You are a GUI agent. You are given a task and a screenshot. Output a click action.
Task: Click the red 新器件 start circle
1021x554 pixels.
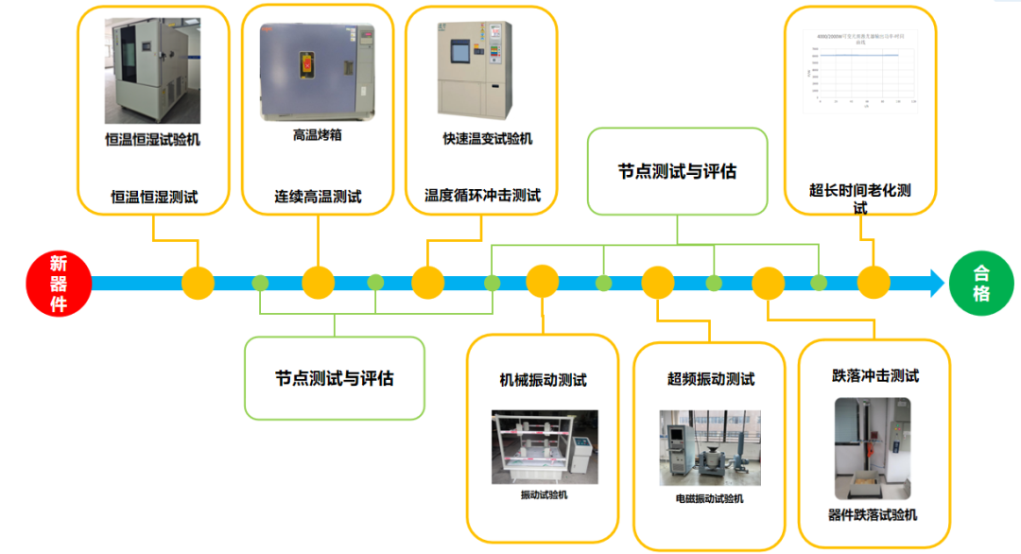[59, 283]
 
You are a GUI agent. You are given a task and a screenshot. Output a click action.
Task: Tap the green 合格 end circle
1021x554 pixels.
[981, 283]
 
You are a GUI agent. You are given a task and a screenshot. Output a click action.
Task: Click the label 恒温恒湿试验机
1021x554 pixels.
[152, 140]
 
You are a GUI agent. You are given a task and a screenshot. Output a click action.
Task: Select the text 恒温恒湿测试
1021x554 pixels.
[154, 198]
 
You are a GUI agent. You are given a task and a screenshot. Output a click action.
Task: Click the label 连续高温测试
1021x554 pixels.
[318, 198]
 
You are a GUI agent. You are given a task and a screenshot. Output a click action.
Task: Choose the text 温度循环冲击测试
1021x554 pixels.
[482, 197]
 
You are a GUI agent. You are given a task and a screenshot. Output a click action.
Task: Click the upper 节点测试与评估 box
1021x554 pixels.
[677, 171]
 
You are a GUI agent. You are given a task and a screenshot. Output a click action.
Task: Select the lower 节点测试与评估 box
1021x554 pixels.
[334, 378]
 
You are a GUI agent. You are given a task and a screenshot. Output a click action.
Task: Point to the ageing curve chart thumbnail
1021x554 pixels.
[860, 71]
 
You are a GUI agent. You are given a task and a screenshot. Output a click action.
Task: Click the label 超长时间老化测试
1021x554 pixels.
[860, 198]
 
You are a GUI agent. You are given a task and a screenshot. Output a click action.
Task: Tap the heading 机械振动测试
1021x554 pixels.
[543, 380]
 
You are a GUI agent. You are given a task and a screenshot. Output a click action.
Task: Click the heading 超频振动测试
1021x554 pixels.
[711, 379]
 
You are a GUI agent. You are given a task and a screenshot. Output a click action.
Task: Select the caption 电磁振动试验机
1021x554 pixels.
[709, 498]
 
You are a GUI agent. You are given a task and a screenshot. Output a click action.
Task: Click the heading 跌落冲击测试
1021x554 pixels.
[874, 375]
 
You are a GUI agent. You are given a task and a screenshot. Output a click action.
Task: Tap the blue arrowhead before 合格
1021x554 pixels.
[935, 283]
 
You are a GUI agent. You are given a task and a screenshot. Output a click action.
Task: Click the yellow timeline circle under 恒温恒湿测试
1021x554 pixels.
[199, 283]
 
